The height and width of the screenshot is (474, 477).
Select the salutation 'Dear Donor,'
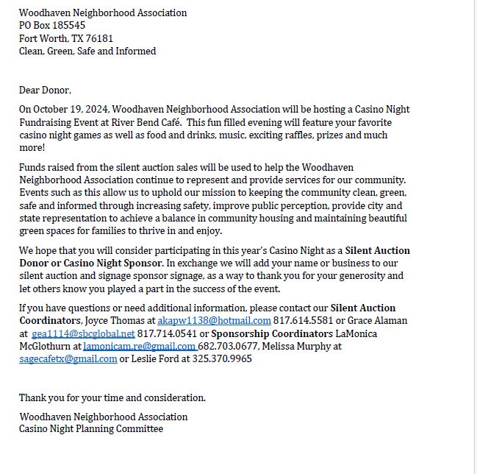pyautogui.click(x=45, y=91)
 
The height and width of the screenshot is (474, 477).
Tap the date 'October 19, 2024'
pyautogui.click(x=70, y=110)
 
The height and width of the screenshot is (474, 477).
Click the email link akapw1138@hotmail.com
pyautogui.click(x=214, y=321)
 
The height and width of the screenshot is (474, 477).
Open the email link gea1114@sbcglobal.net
pyautogui.click(x=83, y=333)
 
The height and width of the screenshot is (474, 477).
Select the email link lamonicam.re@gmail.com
pyautogui.click(x=139, y=346)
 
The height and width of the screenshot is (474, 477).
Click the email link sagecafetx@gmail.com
pyautogui.click(x=68, y=359)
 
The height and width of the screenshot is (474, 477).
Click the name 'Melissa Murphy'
pyautogui.click(x=297, y=346)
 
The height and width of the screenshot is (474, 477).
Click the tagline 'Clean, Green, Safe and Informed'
pyautogui.click(x=87, y=52)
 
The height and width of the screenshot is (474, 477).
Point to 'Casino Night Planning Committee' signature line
pyautogui.click(x=91, y=429)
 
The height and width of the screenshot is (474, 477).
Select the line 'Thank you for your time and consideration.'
pyautogui.click(x=112, y=398)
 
